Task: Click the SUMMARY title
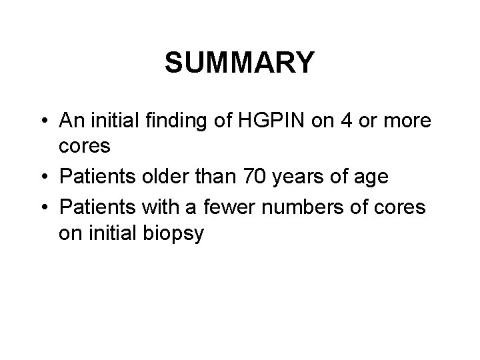(239, 63)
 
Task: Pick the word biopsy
(177, 235)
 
